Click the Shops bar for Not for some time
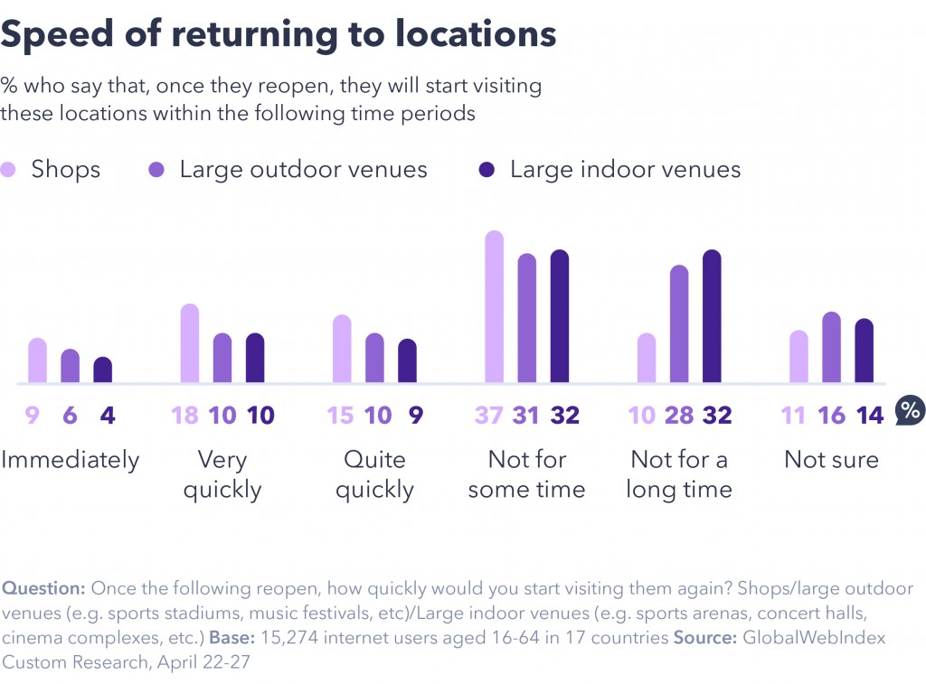(x=494, y=307)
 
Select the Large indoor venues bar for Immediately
(x=103, y=370)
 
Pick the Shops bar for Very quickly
(x=190, y=343)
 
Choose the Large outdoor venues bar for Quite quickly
(x=374, y=358)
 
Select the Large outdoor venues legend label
(x=303, y=170)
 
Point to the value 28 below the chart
(x=679, y=416)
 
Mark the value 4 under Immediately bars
(x=109, y=416)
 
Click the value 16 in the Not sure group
(x=832, y=416)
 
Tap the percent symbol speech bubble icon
(x=910, y=412)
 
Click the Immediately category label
(x=71, y=460)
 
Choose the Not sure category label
(x=831, y=460)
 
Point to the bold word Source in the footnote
(x=705, y=637)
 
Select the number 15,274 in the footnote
(x=290, y=637)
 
